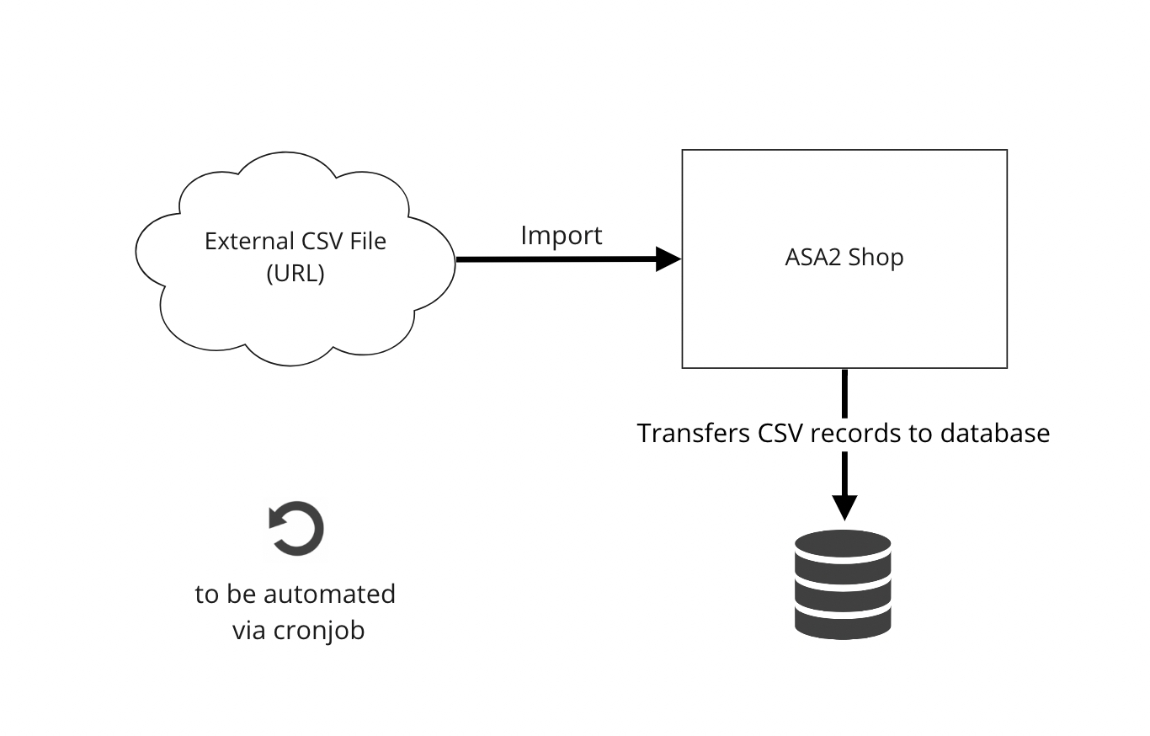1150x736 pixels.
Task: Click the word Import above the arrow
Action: pyautogui.click(x=562, y=235)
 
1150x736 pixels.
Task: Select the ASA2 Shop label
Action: pyautogui.click(x=844, y=258)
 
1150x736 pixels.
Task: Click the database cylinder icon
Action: pyautogui.click(x=843, y=583)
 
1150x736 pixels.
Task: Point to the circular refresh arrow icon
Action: pyautogui.click(x=295, y=529)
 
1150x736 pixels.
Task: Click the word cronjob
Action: pyautogui.click(x=319, y=630)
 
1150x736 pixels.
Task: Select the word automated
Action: pyautogui.click(x=329, y=594)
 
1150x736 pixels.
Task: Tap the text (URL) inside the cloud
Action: pyautogui.click(x=295, y=274)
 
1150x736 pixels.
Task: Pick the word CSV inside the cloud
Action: pyautogui.click(x=320, y=241)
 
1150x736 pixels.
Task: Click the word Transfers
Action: pyautogui.click(x=694, y=433)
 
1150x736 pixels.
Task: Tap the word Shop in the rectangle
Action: pyautogui.click(x=876, y=258)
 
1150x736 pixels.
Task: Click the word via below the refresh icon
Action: pyautogui.click(x=249, y=630)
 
